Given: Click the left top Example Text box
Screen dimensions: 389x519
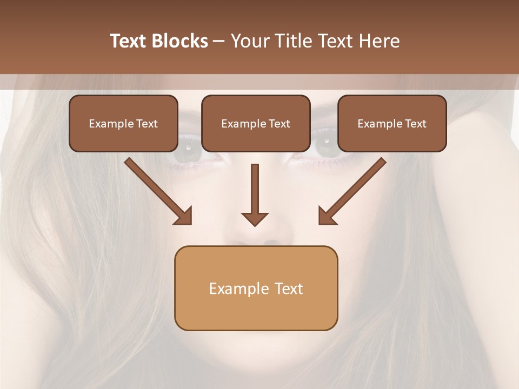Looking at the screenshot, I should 123,123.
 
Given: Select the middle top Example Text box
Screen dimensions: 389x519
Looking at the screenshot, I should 256,123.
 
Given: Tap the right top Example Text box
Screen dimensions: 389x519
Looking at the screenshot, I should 392,123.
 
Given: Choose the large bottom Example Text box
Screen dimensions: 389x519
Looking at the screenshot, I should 256,288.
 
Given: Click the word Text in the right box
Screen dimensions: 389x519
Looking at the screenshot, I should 415,124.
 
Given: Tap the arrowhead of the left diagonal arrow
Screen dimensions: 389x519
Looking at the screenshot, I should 184,216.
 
